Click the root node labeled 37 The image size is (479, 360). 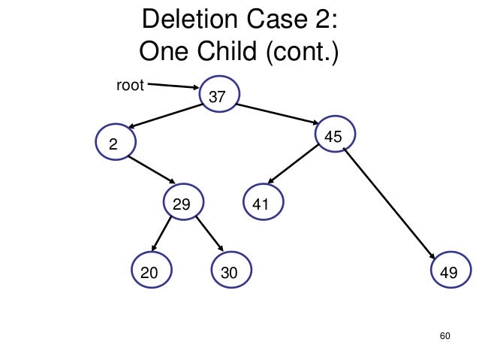pos(218,96)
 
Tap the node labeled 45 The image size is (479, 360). pos(335,136)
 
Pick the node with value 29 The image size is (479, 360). pos(182,203)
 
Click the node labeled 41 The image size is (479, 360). pos(261,203)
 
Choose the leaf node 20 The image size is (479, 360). pos(150,272)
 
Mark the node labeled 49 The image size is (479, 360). pos(450,272)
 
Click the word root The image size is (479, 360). pos(129,85)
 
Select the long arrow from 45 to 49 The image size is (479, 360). pos(390,204)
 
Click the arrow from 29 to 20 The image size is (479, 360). pos(164,234)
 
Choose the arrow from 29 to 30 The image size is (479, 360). pos(210,234)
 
